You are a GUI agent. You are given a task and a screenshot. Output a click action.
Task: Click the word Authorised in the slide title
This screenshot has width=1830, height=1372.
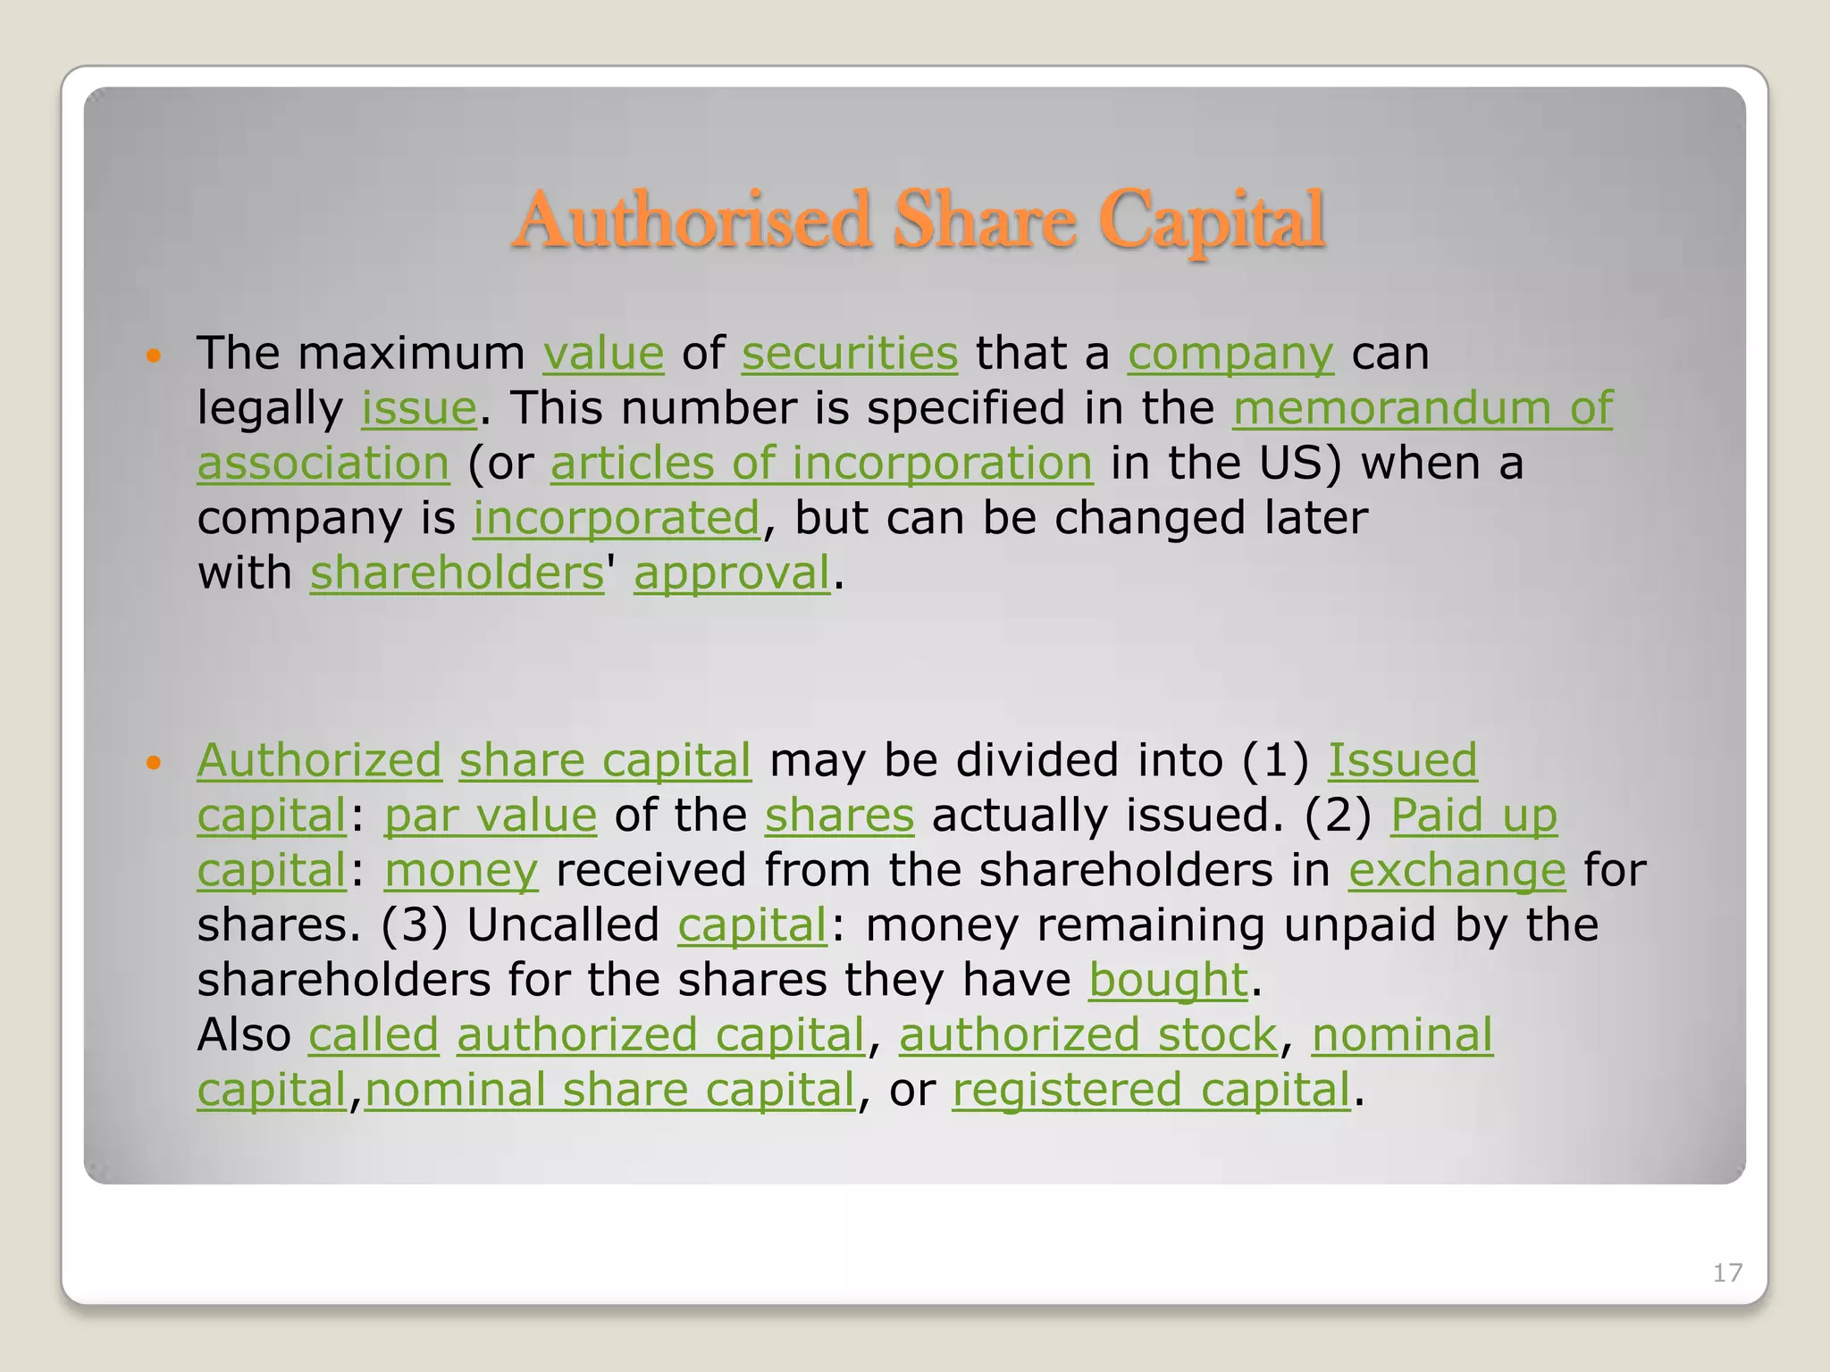pyautogui.click(x=693, y=221)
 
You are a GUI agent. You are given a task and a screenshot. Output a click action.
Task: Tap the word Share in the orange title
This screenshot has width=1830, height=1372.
pyautogui.click(x=985, y=221)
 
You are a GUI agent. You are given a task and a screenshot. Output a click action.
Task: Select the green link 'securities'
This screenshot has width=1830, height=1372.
pyautogui.click(x=849, y=353)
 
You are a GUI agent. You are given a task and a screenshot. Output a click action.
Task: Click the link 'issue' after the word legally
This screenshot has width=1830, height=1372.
pyautogui.click(x=418, y=408)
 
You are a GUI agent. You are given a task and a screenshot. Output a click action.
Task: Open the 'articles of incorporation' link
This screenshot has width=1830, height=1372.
pyautogui.click(x=821, y=464)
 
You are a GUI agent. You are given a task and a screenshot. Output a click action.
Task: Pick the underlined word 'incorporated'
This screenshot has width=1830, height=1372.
pyautogui.click(x=616, y=519)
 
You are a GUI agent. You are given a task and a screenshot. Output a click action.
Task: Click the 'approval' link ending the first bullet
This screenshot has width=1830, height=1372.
pyautogui.click(x=732, y=573)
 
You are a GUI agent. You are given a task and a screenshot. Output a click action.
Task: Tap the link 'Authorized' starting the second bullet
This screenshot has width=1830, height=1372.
pyautogui.click(x=319, y=760)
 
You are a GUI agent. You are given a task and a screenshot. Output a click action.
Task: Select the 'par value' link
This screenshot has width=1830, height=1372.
pyautogui.click(x=490, y=816)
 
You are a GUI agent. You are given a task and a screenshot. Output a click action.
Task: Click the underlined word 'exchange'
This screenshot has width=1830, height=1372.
pyautogui.click(x=1456, y=871)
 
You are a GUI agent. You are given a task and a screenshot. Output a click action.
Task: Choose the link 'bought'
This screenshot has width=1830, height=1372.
pyautogui.click(x=1167, y=981)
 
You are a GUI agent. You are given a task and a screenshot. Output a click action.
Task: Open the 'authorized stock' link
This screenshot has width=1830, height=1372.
pyautogui.click(x=1087, y=1036)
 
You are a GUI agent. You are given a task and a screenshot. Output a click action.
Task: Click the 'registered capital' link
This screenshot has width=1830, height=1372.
pyautogui.click(x=1151, y=1091)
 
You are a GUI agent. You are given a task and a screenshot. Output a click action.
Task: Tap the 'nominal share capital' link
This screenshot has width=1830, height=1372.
pyautogui.click(x=610, y=1091)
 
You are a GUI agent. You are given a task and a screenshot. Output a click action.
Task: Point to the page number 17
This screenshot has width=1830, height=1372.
pyautogui.click(x=1726, y=1273)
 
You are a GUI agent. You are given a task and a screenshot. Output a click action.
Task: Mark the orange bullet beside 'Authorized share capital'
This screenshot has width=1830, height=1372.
pyautogui.click(x=154, y=763)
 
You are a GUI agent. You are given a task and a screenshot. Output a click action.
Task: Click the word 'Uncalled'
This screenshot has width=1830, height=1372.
pyautogui.click(x=563, y=925)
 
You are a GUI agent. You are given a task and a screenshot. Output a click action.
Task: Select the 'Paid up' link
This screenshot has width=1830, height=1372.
pyautogui.click(x=1473, y=816)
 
